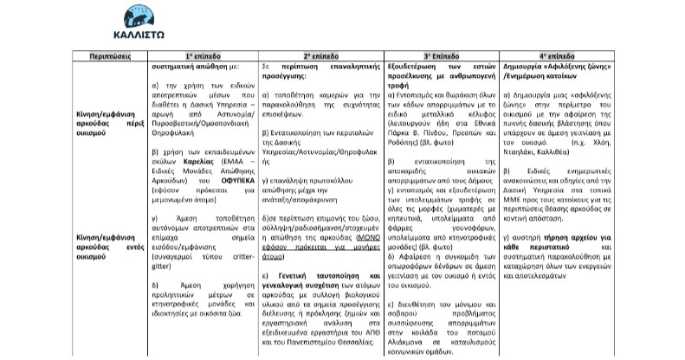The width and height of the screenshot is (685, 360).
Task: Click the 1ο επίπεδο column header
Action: tap(203, 55)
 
